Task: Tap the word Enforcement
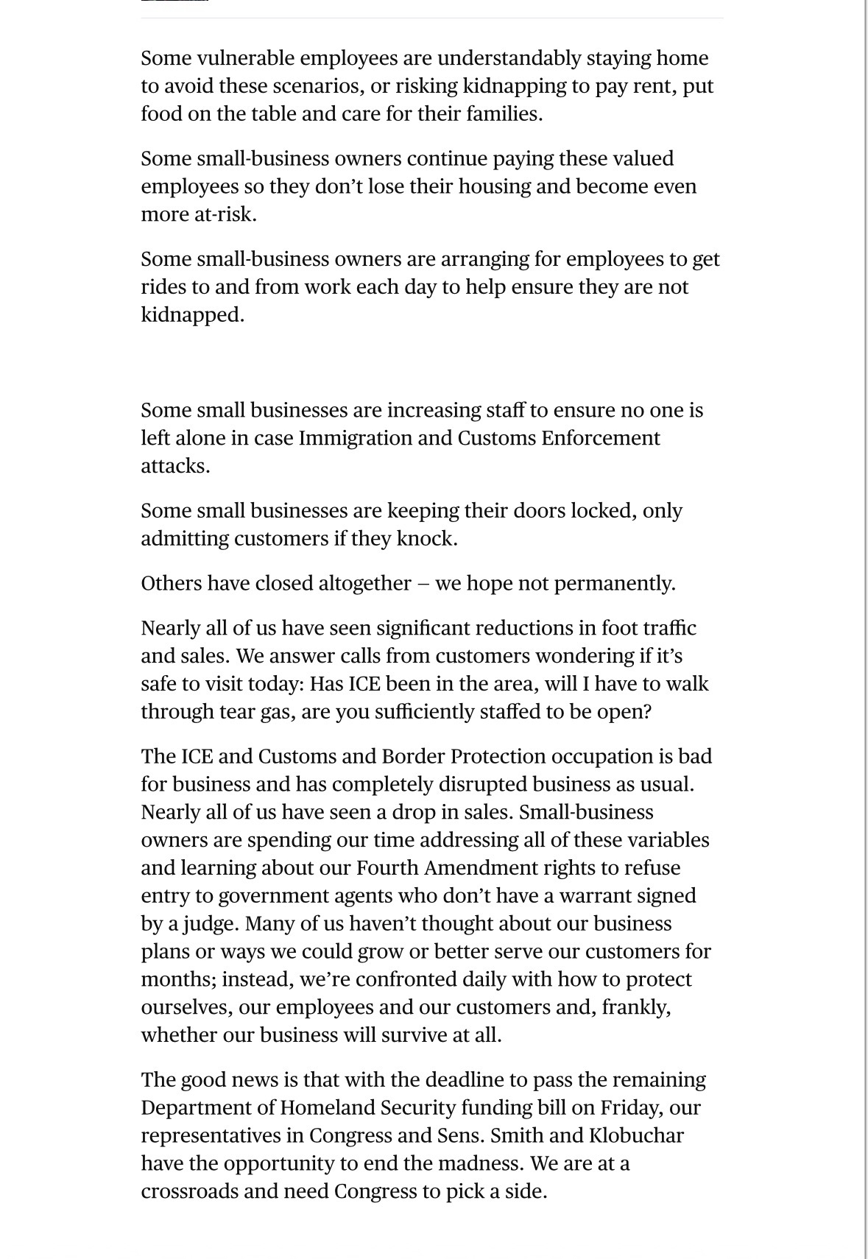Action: (x=600, y=438)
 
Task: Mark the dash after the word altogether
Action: (x=423, y=584)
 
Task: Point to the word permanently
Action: (x=614, y=584)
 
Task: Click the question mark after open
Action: (x=647, y=712)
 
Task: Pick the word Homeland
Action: (x=328, y=1108)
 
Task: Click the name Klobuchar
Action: (x=636, y=1136)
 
